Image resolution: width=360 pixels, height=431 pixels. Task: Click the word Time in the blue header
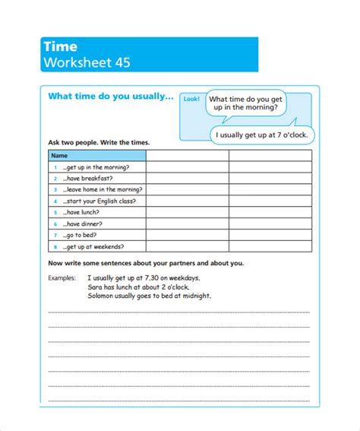[x=61, y=47]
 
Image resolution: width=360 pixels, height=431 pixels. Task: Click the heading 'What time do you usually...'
[x=111, y=97]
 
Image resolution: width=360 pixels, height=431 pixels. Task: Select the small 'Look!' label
[x=191, y=100]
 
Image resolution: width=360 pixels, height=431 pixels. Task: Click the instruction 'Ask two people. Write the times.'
[x=99, y=143]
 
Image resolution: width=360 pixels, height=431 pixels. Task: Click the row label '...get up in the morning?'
[x=96, y=166]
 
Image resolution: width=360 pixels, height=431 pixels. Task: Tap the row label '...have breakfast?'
[x=89, y=178]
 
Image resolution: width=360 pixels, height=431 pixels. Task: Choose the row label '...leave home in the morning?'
[x=103, y=189]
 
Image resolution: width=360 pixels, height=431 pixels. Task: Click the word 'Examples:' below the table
[x=62, y=278]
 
